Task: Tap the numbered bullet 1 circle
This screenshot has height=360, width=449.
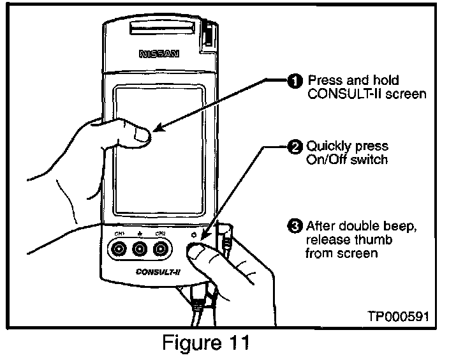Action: [295, 81]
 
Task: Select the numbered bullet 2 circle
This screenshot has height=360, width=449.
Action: [295, 147]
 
